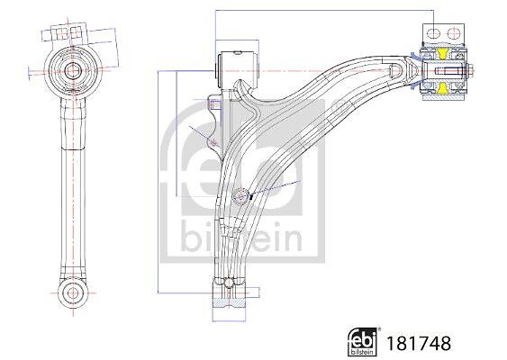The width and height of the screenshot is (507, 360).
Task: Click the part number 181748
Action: [419, 343]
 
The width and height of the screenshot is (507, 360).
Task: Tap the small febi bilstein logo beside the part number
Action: [362, 342]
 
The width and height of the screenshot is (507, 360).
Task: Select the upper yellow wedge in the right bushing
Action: [442, 54]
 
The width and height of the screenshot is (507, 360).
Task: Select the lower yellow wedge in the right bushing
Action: [443, 87]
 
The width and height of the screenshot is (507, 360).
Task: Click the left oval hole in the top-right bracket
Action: [433, 33]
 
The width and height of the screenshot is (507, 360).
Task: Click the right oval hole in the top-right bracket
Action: [453, 33]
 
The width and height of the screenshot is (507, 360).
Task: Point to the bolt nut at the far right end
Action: [469, 70]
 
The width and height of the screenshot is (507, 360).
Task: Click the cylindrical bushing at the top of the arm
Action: [238, 69]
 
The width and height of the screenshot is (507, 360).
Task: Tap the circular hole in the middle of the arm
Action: [240, 197]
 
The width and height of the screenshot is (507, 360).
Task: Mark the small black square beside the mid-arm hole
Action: [250, 196]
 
